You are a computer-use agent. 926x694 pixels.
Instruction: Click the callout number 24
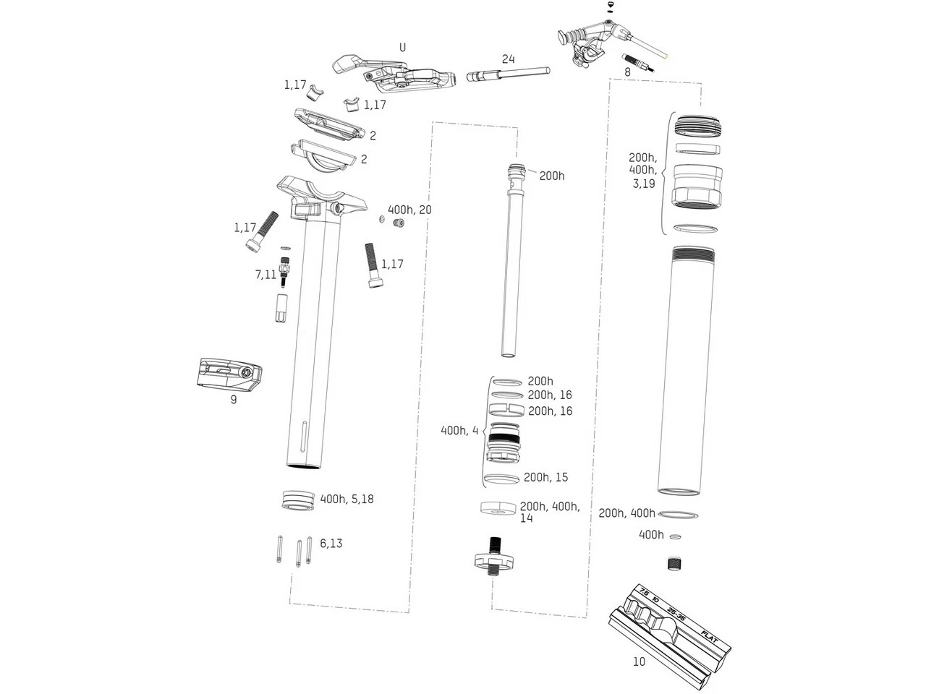point(508,59)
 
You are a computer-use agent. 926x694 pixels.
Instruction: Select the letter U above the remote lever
point(402,48)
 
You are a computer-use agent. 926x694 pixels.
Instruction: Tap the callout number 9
point(233,399)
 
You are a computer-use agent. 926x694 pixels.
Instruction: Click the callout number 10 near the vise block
point(639,661)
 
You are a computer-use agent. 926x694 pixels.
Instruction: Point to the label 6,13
point(331,544)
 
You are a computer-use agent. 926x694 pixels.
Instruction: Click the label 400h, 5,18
point(347,499)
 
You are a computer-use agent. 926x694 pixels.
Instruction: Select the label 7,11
point(266,275)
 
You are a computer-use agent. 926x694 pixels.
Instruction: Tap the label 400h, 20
point(409,210)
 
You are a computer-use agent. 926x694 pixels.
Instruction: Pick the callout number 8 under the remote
point(627,72)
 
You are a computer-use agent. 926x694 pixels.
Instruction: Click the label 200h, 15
point(545,477)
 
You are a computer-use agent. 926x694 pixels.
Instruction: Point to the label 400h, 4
point(459,430)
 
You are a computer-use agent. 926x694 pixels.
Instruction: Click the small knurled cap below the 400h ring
point(675,564)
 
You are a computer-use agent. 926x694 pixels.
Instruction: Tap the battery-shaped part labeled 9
point(229,374)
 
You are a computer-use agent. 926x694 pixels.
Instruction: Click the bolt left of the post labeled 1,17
point(260,231)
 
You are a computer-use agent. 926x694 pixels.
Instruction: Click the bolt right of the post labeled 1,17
point(373,265)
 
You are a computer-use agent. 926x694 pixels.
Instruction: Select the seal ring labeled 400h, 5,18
point(298,500)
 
